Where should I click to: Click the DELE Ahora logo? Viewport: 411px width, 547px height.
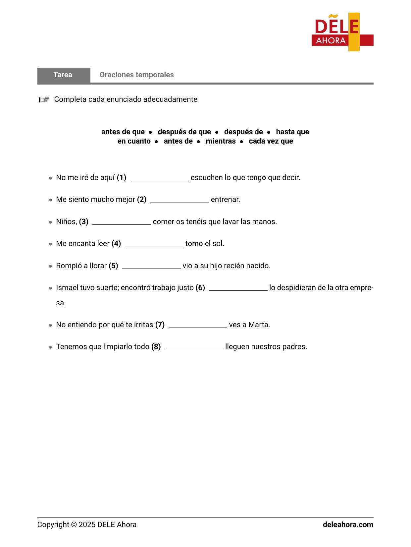[x=342, y=32]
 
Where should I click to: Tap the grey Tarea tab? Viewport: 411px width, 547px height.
[x=63, y=75]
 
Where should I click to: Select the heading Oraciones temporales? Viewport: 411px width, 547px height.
[x=136, y=75]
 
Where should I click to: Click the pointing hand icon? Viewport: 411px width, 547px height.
[x=44, y=99]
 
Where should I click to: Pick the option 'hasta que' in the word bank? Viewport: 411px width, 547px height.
[x=292, y=132]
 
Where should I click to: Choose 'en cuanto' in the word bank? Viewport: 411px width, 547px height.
[x=134, y=141]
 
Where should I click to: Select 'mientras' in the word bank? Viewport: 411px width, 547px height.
[x=221, y=141]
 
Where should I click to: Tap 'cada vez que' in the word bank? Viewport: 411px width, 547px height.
[x=271, y=141]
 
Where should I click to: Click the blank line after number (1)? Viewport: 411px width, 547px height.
[x=159, y=178]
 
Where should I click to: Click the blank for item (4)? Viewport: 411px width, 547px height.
[x=154, y=244]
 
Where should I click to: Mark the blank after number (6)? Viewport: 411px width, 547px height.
[x=238, y=288]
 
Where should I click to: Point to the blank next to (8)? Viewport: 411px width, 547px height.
[x=194, y=347]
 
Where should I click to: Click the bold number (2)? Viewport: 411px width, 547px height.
[x=142, y=200]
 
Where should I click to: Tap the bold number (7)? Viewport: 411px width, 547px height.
[x=160, y=325]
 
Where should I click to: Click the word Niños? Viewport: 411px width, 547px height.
[x=66, y=222]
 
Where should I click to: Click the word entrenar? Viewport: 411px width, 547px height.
[x=225, y=200]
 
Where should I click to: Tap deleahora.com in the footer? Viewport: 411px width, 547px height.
[x=348, y=525]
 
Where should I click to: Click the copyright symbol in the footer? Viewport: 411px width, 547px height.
[x=74, y=525]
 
